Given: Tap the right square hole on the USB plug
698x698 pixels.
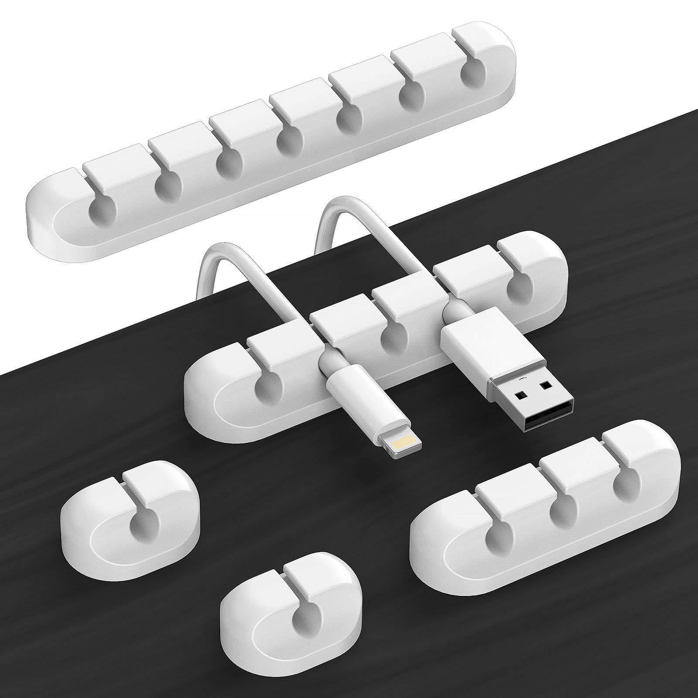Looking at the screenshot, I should (x=545, y=385).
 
